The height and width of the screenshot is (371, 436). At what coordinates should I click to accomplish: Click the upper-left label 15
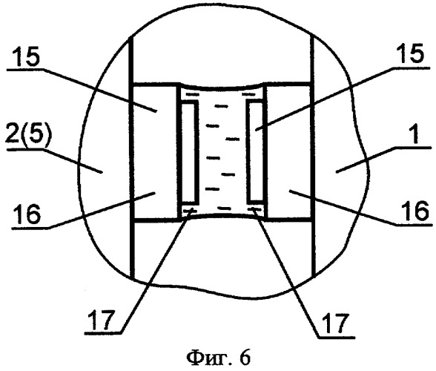27,58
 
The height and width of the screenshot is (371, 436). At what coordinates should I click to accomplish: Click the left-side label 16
28,214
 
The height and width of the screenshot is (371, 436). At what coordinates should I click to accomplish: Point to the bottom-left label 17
102,320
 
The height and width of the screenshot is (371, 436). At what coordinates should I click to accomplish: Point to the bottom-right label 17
335,324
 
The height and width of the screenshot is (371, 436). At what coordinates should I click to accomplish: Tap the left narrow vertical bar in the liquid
189,151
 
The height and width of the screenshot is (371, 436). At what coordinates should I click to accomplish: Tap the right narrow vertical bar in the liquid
256,151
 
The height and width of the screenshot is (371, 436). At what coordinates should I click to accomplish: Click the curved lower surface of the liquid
222,215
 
